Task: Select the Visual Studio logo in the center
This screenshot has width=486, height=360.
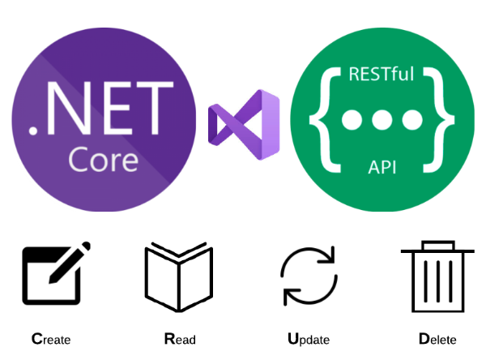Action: point(243,122)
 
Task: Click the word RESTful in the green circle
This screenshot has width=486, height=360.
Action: point(381,75)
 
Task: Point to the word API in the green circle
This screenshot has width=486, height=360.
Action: point(381,168)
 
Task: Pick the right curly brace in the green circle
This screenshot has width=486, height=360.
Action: point(441,121)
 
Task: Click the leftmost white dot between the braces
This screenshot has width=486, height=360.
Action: point(352,122)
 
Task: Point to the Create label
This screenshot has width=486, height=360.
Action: point(51,339)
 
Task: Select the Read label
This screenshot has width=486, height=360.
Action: point(179,339)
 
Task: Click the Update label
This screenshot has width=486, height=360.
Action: point(308,339)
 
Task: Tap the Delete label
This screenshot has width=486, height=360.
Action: point(437,339)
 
